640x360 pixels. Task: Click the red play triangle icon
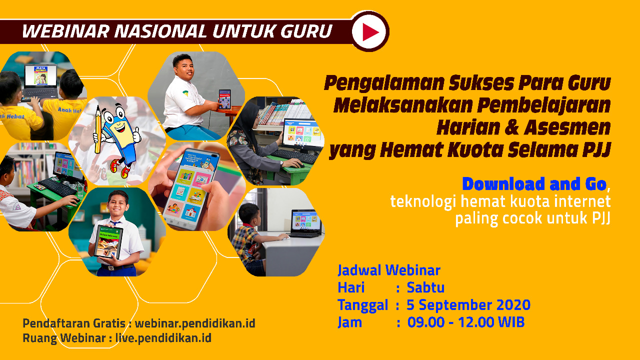(x=369, y=31)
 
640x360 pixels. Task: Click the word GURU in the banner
(x=306, y=31)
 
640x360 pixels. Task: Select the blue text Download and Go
(x=534, y=183)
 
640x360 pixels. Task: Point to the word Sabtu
(x=425, y=287)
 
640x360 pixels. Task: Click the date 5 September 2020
(x=468, y=305)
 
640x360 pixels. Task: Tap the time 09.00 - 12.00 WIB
(x=465, y=322)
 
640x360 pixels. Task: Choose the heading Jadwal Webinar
(x=389, y=270)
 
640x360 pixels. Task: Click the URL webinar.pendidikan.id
(x=195, y=323)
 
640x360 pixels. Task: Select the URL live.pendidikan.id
(x=163, y=338)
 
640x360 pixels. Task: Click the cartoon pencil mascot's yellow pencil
(x=97, y=130)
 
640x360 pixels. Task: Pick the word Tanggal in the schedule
(x=363, y=305)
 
